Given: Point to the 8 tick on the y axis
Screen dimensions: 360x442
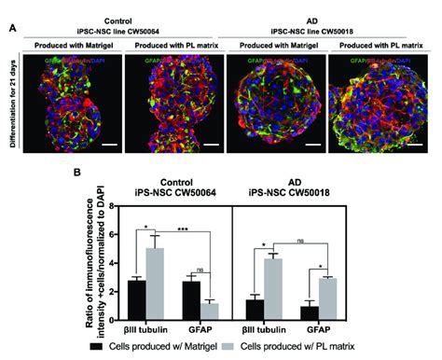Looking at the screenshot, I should point(111,205).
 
